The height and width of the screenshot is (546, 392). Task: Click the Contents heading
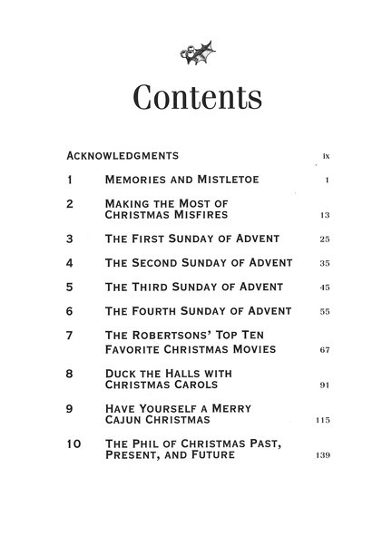click(x=195, y=97)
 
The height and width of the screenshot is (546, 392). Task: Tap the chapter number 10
click(x=74, y=444)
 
